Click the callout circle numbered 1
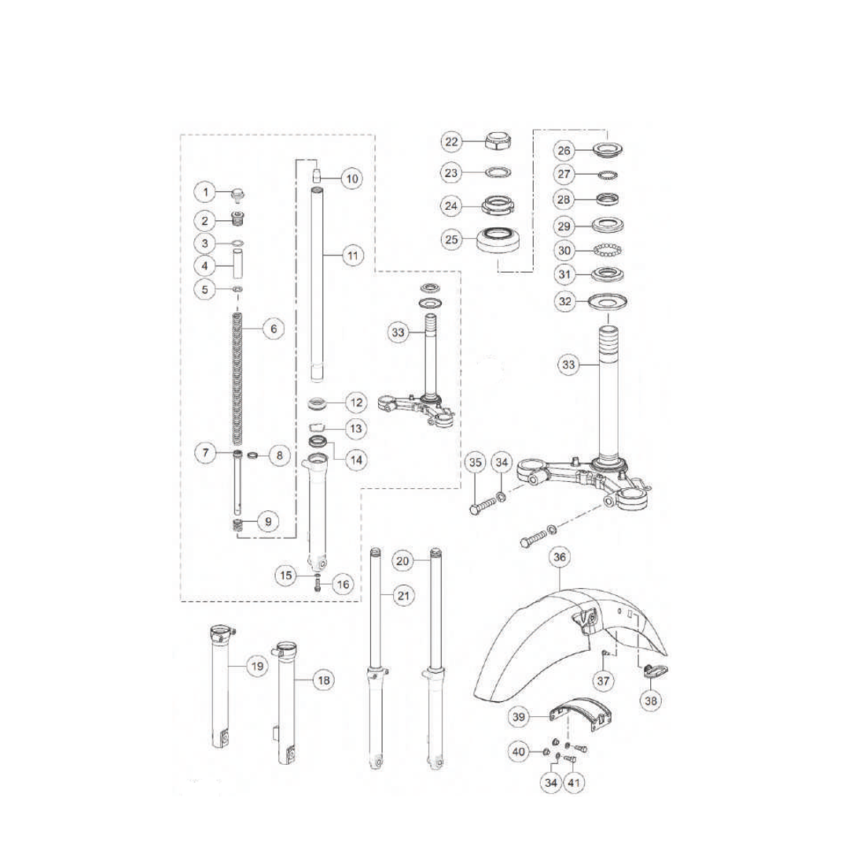204,192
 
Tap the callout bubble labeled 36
559,557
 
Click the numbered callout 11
352,255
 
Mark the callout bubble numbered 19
256,667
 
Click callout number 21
403,597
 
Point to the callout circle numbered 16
342,583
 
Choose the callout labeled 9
267,520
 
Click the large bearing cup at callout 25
498,239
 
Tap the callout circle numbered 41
574,783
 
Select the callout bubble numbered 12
356,403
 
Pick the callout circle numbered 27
564,173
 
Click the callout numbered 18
323,680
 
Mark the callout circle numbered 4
204,266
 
